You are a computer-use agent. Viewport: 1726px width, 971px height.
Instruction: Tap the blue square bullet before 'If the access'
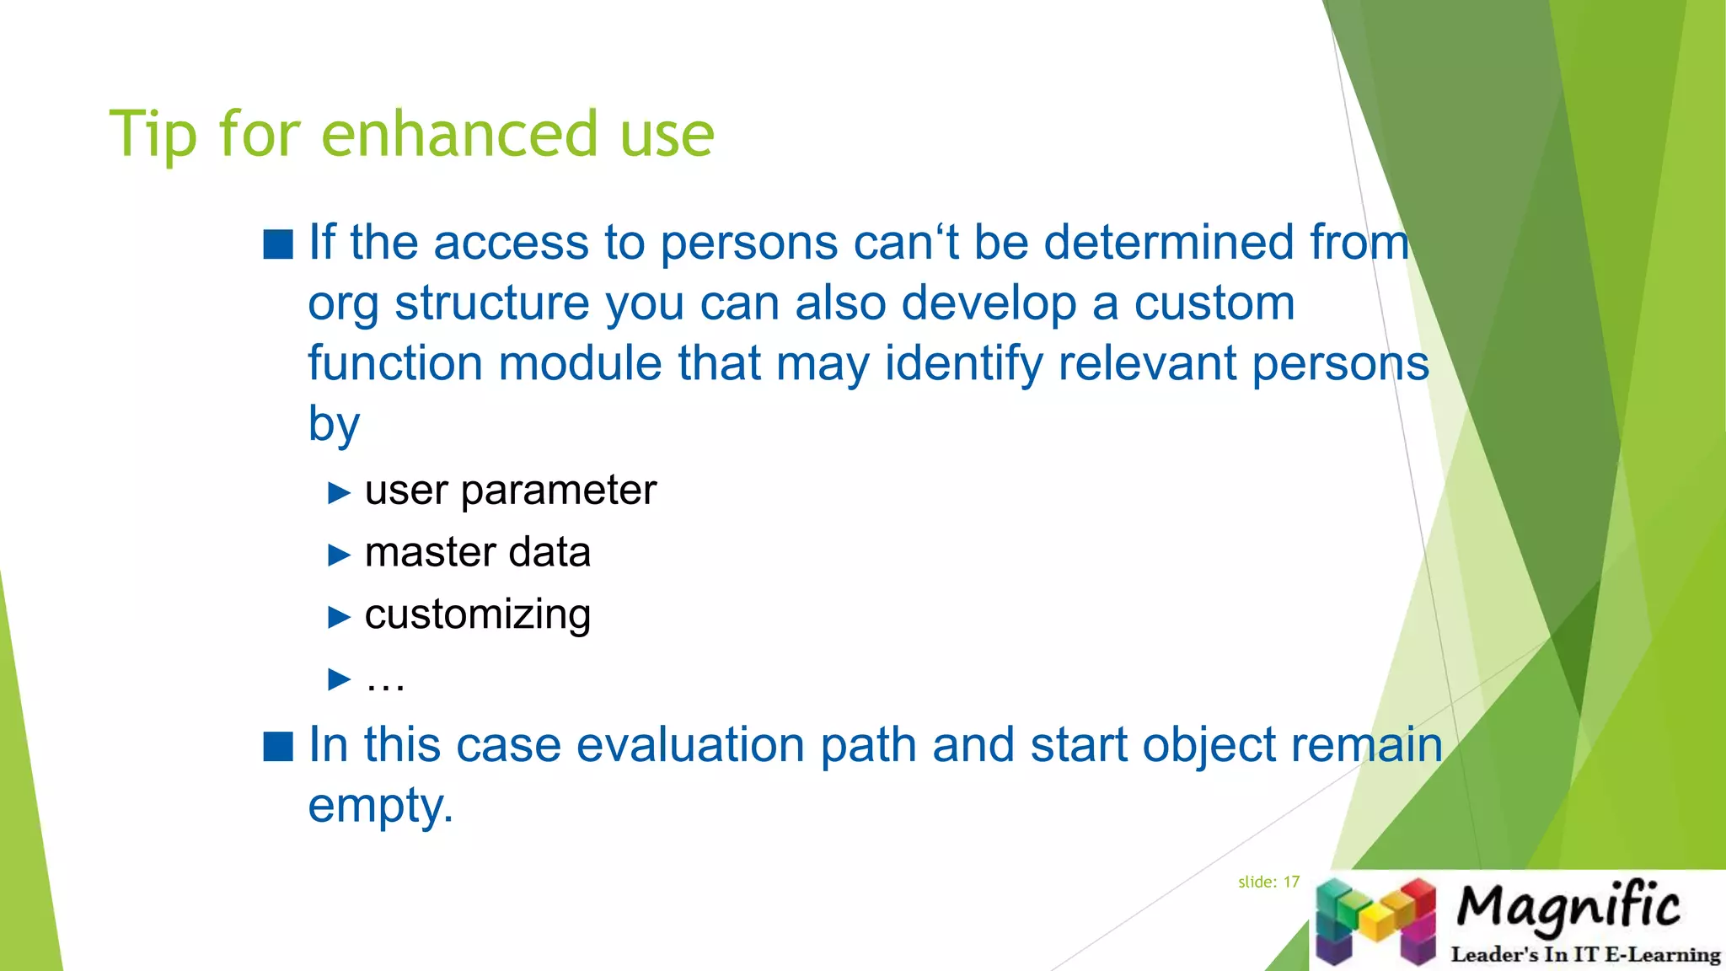(x=278, y=244)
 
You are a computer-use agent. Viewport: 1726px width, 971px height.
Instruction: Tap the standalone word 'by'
(x=334, y=425)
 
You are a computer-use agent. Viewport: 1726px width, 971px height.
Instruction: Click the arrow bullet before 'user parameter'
(x=339, y=492)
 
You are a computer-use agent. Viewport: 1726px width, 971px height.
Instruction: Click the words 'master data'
(x=477, y=553)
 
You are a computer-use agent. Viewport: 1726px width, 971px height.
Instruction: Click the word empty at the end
(x=379, y=806)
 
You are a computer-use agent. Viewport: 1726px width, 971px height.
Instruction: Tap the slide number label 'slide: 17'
(x=1268, y=882)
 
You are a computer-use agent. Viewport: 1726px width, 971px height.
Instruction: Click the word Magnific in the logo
(x=1568, y=907)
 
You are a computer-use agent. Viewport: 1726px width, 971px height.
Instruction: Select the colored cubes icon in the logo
(x=1375, y=920)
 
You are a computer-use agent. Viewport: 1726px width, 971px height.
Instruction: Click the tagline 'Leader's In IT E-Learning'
(x=1585, y=955)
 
